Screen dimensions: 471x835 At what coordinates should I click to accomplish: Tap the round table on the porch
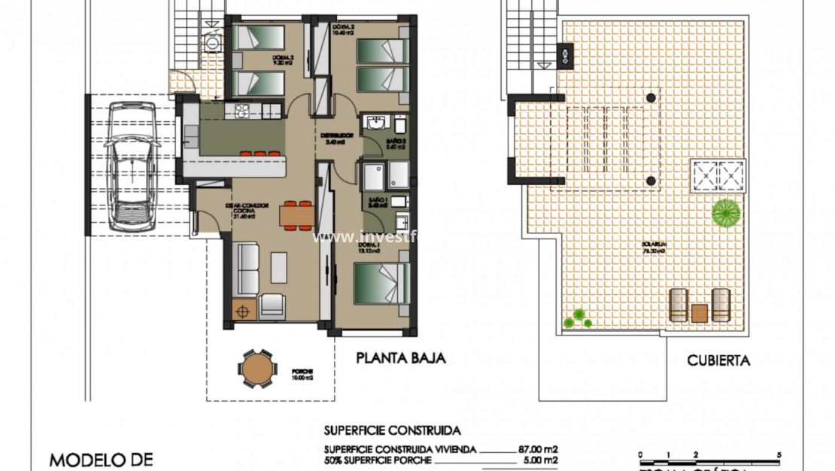tap(257, 369)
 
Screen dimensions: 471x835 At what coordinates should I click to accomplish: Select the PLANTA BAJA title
tap(400, 359)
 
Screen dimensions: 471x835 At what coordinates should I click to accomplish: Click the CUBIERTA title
tap(718, 360)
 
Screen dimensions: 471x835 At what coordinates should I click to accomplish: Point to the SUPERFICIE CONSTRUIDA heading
tap(392, 431)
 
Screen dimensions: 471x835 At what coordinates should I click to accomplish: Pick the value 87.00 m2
tap(538, 449)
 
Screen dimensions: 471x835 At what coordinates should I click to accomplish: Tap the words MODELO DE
tap(101, 459)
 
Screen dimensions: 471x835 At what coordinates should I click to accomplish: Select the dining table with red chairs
tap(298, 215)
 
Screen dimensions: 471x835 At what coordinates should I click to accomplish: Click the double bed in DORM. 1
tap(382, 283)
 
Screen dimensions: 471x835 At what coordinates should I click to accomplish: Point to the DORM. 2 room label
tap(343, 30)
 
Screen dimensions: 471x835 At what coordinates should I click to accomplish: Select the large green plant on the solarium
tap(726, 212)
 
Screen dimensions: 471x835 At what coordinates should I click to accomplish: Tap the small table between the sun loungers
tap(700, 311)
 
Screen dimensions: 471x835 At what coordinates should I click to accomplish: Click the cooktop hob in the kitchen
tap(243, 111)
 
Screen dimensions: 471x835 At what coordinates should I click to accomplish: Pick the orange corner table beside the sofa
tap(243, 310)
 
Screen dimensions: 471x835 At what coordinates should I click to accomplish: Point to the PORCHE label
tap(303, 372)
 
